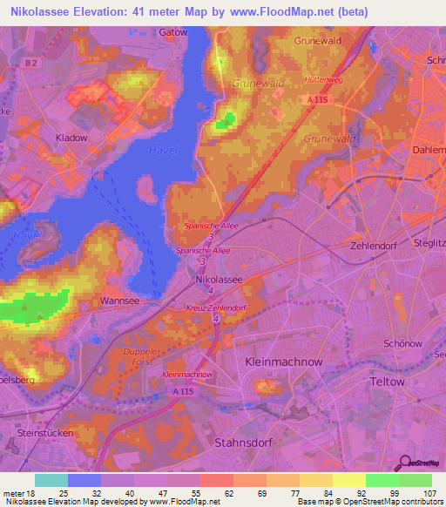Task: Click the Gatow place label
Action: (174, 31)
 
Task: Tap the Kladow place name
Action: (71, 138)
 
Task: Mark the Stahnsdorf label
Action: (243, 443)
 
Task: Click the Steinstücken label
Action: (45, 432)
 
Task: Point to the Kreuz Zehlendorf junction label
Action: (216, 309)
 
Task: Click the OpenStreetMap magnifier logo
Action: (405, 463)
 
